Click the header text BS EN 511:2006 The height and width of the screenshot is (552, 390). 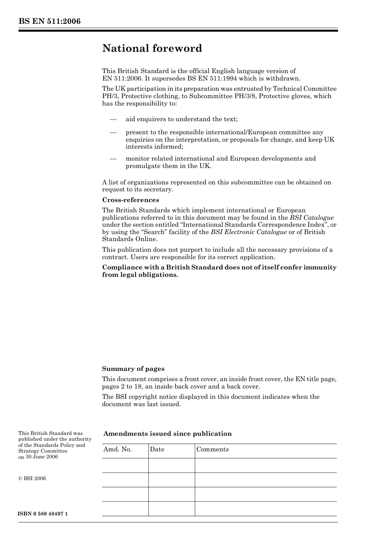coord(49,21)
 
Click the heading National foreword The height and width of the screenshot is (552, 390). coord(152,48)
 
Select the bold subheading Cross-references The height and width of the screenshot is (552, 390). coord(131,200)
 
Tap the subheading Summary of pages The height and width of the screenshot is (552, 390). coord(133,369)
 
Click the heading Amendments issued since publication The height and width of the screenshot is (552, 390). coord(167,434)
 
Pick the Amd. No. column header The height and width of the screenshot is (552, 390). coord(117,449)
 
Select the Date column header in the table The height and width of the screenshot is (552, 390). coord(157,449)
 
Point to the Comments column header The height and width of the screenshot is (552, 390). coord(212,449)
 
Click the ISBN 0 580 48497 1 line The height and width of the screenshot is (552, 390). coord(43,514)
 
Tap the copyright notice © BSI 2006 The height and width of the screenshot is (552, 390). coord(32,478)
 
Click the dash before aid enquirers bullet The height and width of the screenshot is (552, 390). coord(113,120)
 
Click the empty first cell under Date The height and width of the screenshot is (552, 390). coord(171,465)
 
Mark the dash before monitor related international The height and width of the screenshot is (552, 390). coord(113,159)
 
